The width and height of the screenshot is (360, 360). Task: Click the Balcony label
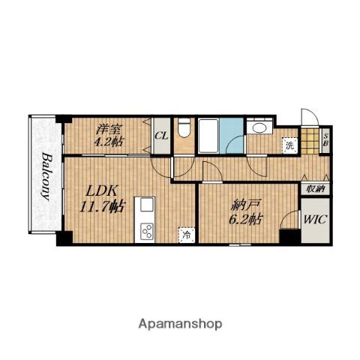(x=46, y=176)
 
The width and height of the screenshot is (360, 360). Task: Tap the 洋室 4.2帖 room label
(x=109, y=136)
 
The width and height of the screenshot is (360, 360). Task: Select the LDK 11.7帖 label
(x=101, y=199)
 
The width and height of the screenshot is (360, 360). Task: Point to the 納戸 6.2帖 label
(x=246, y=211)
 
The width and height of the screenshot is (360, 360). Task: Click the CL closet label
(x=161, y=136)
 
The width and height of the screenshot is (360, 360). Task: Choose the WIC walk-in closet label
(x=315, y=220)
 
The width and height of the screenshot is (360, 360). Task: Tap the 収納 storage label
(x=315, y=189)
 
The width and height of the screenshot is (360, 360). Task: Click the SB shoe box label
(x=326, y=140)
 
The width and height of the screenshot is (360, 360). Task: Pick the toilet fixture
(x=184, y=127)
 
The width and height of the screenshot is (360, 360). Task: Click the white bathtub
(x=208, y=136)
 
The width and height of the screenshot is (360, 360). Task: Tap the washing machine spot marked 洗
(x=289, y=145)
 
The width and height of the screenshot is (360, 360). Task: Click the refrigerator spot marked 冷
(x=186, y=235)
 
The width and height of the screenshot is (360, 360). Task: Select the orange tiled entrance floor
(x=310, y=141)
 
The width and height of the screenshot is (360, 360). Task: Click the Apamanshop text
(x=180, y=324)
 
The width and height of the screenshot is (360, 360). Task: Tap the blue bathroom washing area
(x=232, y=136)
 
